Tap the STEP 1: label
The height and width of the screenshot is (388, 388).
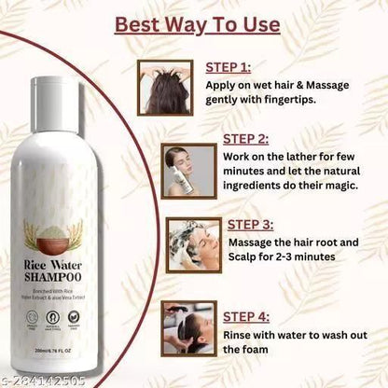tap(227, 66)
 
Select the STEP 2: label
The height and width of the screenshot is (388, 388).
tap(245, 138)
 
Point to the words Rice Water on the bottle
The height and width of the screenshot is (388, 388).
tap(62, 264)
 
